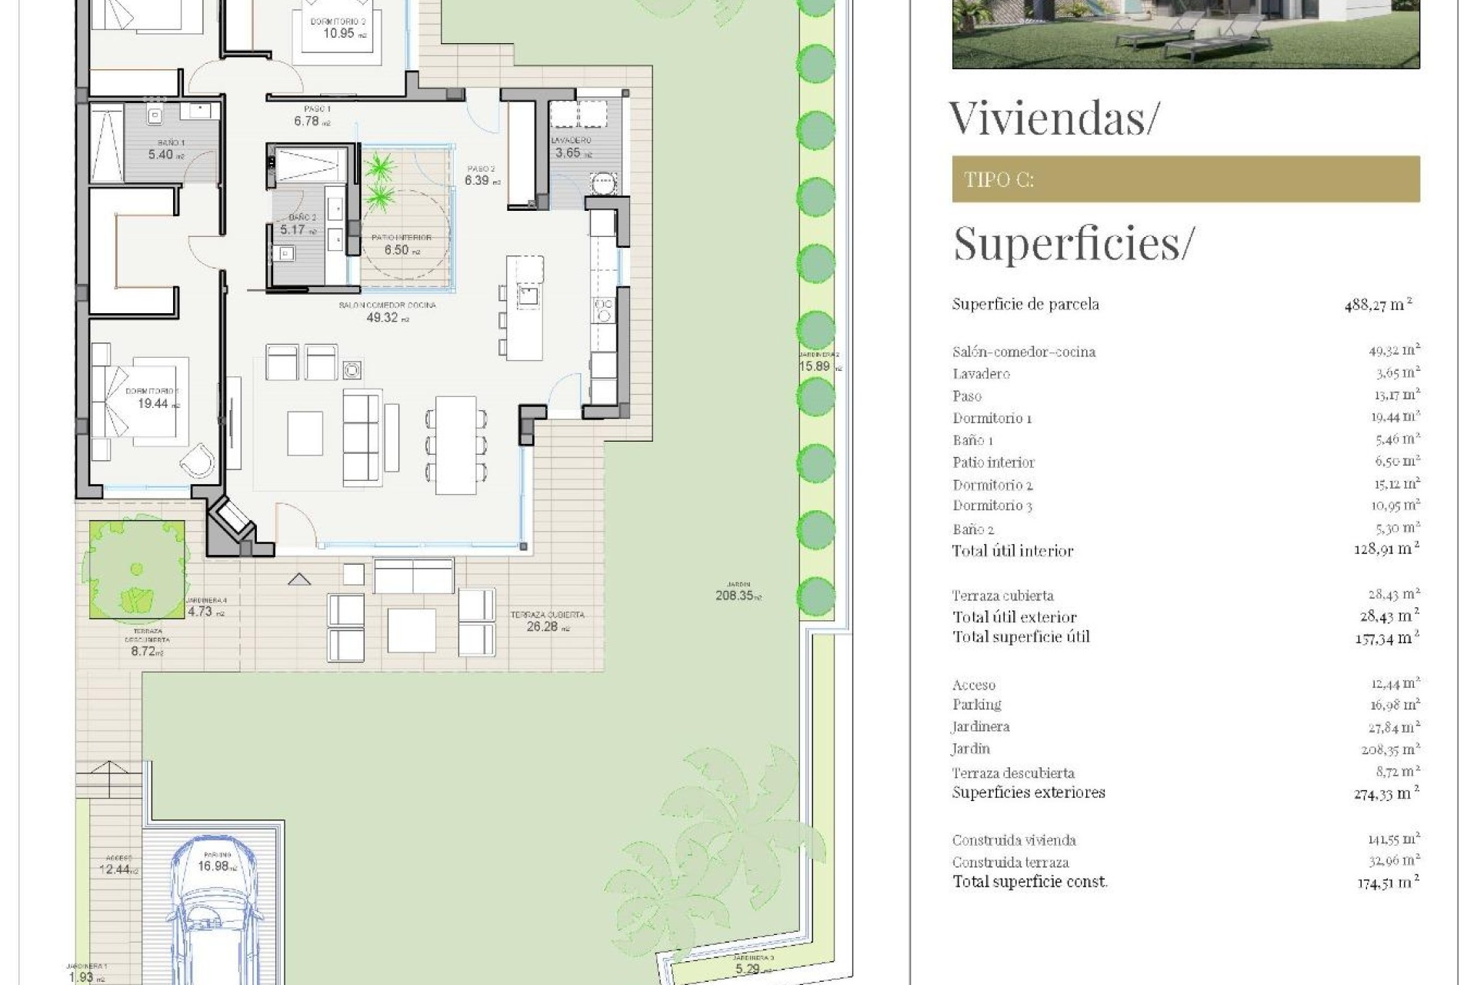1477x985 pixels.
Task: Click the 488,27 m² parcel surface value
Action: tap(1377, 305)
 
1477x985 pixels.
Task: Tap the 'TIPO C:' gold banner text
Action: tap(999, 180)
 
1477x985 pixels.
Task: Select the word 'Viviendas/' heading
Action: tap(1052, 118)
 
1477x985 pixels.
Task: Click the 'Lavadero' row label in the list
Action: tap(981, 374)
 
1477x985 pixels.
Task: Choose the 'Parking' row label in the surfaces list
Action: tap(976, 705)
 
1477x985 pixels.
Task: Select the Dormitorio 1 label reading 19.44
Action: tap(153, 402)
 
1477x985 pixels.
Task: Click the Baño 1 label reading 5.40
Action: tap(166, 154)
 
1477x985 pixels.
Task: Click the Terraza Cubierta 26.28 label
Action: tap(546, 626)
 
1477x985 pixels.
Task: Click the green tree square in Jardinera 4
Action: tap(137, 569)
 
